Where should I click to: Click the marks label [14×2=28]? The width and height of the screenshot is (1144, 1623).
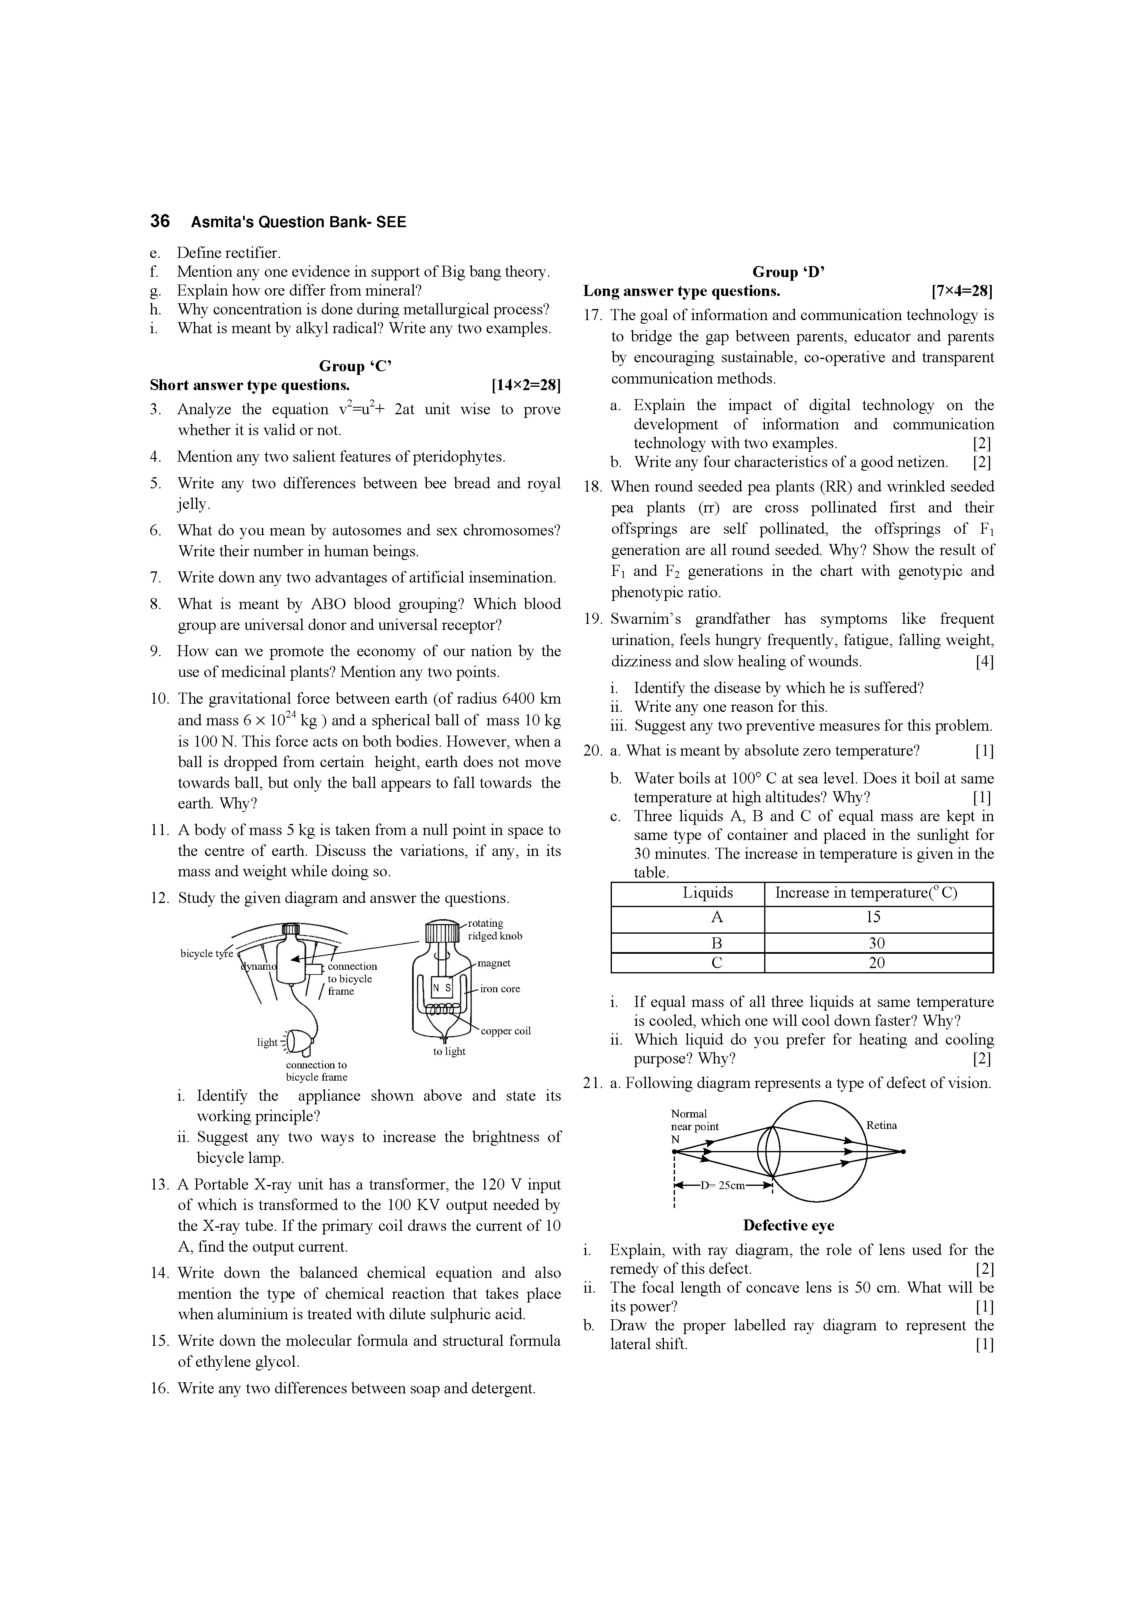pos(525,385)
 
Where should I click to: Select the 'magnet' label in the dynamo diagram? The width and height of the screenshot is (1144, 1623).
pos(494,963)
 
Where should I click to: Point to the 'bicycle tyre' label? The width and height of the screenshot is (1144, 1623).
pos(206,954)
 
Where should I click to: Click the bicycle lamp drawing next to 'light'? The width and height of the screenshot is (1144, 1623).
pos(299,1042)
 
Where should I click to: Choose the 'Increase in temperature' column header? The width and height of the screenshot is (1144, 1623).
pos(866,893)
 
